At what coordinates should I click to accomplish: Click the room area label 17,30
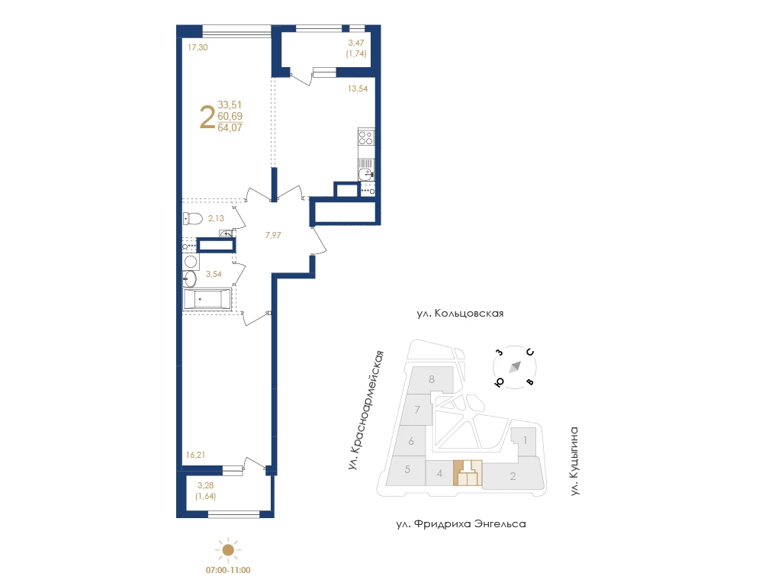point(198,47)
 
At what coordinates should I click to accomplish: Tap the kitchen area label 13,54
point(358,89)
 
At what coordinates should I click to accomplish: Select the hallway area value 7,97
point(273,235)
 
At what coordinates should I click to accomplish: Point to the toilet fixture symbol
point(193,218)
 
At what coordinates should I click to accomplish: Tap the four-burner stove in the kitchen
point(366,137)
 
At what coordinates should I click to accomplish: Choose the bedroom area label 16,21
point(195,455)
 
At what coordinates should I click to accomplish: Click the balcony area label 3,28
point(206,485)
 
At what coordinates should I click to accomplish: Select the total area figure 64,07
point(230,127)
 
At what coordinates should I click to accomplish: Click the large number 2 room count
point(207,118)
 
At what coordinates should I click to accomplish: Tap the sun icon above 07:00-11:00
point(228,550)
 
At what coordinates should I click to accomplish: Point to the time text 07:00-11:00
point(228,570)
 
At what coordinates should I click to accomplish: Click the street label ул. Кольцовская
point(460,314)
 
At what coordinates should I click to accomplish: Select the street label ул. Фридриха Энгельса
point(461,524)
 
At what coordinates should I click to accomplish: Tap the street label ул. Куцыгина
point(575,461)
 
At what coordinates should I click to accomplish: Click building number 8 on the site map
point(432,379)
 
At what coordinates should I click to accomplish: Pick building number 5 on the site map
point(407,469)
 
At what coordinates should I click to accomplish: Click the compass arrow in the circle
point(515,367)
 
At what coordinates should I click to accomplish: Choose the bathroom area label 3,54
point(214,274)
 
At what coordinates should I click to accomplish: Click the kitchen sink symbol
point(366,174)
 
